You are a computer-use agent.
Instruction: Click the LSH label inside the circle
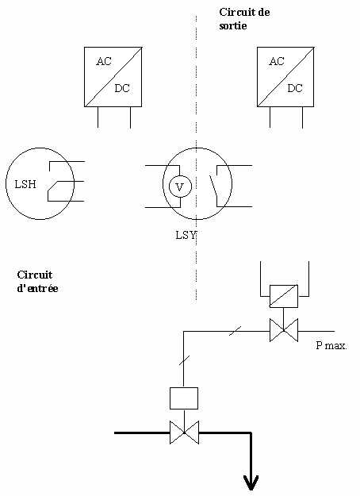(25, 184)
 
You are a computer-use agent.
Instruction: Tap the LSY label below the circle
(186, 235)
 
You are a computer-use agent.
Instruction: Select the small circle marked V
(180, 186)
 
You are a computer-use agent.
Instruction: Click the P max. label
(331, 345)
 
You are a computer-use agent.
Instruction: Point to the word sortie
(233, 25)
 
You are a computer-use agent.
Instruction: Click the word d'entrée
(37, 288)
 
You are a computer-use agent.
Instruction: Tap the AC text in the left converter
(104, 61)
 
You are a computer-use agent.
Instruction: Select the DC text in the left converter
(122, 88)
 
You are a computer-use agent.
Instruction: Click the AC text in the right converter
(277, 61)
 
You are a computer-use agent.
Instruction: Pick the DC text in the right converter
(295, 88)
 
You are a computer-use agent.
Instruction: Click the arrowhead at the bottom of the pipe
(251, 483)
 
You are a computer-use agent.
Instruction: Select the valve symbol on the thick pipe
(184, 433)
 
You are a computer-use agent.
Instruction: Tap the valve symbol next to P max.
(284, 330)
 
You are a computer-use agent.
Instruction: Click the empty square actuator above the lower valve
(184, 398)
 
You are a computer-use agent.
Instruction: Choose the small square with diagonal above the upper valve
(284, 296)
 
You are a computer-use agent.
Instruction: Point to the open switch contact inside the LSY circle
(214, 186)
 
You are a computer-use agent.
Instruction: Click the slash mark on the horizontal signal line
(236, 331)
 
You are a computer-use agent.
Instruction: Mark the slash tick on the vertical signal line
(184, 360)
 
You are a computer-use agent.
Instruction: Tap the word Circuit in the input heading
(35, 275)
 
